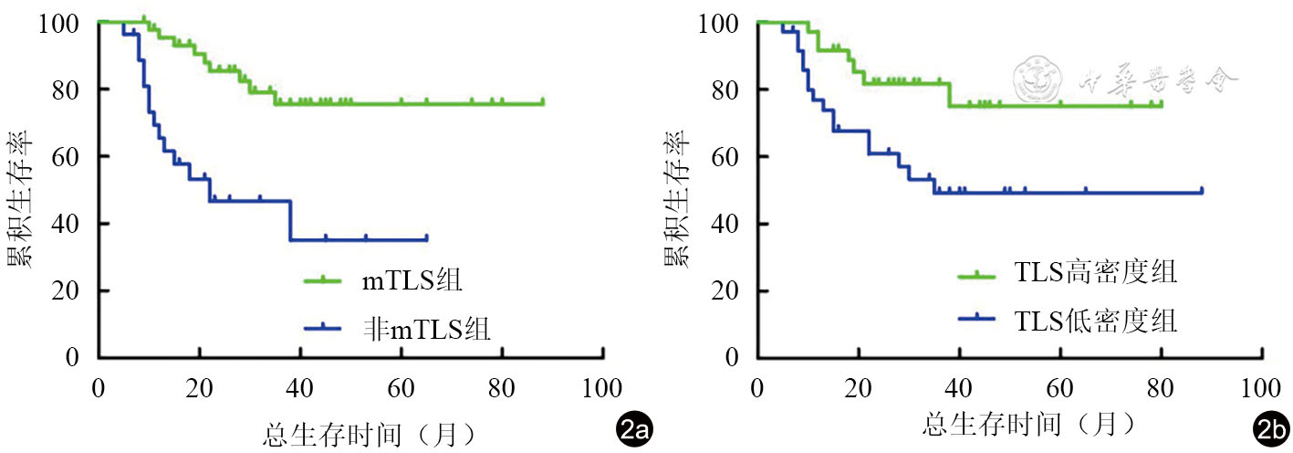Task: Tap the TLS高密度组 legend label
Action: tap(1094, 273)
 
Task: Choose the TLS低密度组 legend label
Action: tap(1094, 320)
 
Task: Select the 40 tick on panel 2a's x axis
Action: tap(299, 387)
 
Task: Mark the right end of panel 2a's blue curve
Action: tap(426, 238)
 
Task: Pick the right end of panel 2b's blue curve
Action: tap(1202, 192)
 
